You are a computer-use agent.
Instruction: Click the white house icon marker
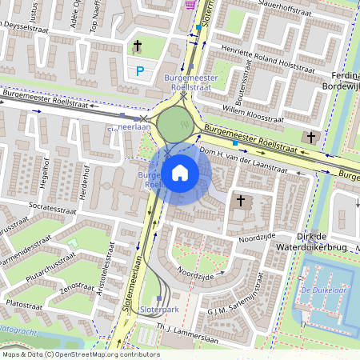(x=180, y=172)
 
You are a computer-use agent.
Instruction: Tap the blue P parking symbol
(x=140, y=71)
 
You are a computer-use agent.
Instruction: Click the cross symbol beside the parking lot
(x=137, y=47)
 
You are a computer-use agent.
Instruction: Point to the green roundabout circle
(x=176, y=124)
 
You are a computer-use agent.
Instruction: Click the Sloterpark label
(x=159, y=308)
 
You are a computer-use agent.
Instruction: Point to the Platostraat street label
(x=24, y=304)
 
